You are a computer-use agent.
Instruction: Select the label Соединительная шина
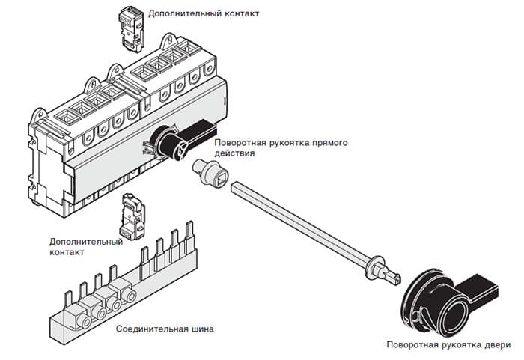[164, 329]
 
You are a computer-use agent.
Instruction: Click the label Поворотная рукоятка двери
[448, 345]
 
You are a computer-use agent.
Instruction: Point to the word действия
[234, 153]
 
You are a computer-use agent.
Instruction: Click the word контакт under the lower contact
[66, 252]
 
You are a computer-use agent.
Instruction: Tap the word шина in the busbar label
[201, 329]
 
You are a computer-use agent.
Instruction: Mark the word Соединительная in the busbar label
[150, 329]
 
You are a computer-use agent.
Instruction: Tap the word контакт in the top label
[240, 13]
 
